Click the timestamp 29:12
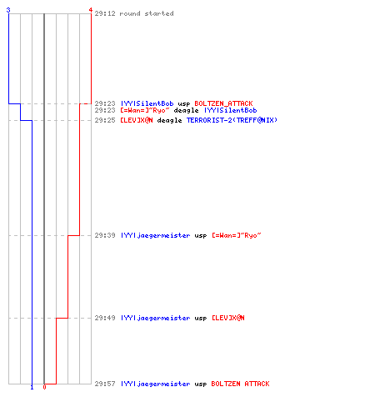pos(105,13)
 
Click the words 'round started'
pos(147,13)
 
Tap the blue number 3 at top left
pos(8,10)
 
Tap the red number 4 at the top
pos(91,10)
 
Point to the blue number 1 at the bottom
pos(32,387)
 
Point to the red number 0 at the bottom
pos(44,387)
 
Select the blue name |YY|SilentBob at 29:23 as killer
pos(147,103)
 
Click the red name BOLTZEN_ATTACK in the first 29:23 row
pos(223,103)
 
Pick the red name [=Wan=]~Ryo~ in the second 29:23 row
pos(145,110)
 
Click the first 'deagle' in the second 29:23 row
pos(186,111)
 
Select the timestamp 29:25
pos(105,120)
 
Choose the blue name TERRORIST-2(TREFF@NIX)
pos(232,120)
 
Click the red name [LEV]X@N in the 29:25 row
pos(137,120)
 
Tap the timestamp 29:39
pos(105,235)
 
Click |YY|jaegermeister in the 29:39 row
pos(156,236)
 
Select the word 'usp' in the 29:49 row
pos(201,319)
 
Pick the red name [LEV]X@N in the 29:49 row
pos(228,318)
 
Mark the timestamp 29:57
pos(105,384)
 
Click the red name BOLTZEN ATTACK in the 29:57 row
pos(240,384)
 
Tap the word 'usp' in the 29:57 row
pos(201,384)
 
